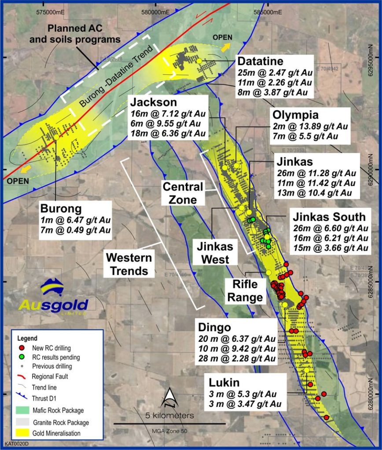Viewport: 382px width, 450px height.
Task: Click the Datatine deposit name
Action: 260,61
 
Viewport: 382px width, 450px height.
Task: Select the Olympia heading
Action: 295,115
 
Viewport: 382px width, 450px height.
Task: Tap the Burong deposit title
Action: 61,208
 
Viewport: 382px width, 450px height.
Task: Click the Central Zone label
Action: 183,192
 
